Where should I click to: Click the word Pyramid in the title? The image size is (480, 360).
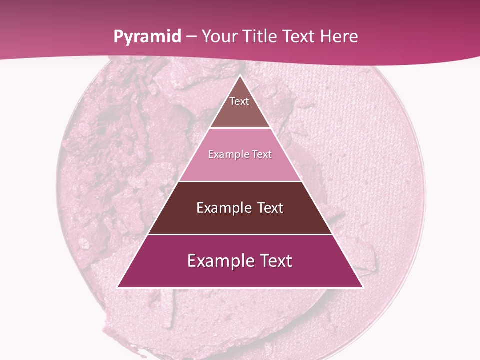pyautogui.click(x=147, y=37)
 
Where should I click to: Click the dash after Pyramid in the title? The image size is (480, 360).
pyautogui.click(x=191, y=37)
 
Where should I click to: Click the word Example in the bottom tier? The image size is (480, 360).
pyautogui.click(x=218, y=261)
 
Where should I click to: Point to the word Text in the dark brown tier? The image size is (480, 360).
pyautogui.click(x=270, y=208)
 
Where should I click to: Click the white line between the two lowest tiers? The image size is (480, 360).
pyautogui.click(x=240, y=234)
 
